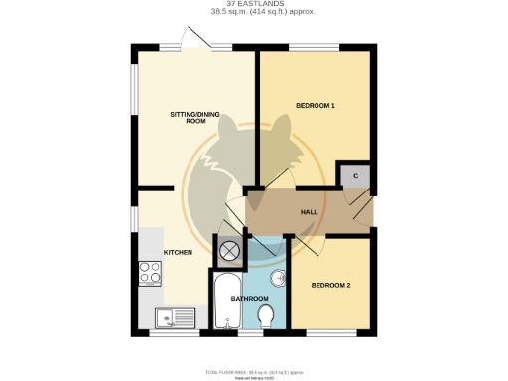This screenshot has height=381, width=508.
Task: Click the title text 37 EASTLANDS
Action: click(254, 4)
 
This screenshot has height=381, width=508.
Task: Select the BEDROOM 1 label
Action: click(316, 105)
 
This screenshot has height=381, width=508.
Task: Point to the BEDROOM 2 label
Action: click(330, 285)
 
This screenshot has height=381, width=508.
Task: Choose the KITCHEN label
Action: click(178, 253)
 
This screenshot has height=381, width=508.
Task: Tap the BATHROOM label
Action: click(248, 298)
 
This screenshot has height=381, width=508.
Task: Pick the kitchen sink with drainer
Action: click(176, 317)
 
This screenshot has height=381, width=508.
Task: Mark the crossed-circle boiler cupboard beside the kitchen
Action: click(229, 251)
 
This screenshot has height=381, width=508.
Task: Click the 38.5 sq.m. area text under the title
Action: click(254, 12)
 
